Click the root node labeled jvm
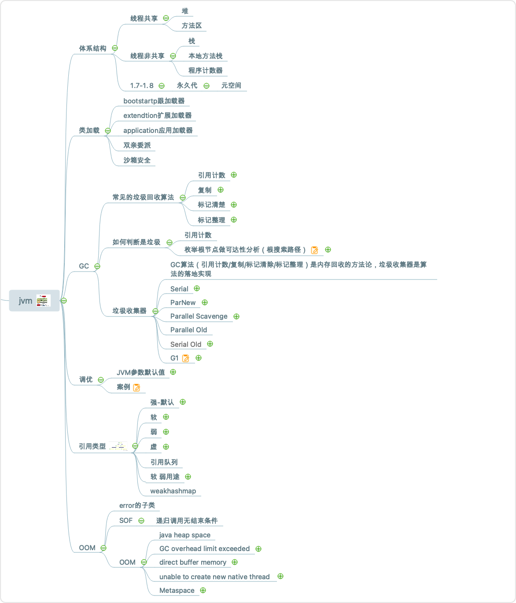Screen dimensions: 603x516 26,301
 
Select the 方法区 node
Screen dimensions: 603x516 192,26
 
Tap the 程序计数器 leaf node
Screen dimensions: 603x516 206,70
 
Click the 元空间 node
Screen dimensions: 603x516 231,85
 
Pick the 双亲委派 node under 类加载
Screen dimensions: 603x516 137,145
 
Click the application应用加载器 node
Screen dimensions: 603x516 158,130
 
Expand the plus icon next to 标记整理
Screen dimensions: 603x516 234,220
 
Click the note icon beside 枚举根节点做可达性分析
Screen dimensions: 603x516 314,250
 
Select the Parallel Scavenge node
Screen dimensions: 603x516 199,316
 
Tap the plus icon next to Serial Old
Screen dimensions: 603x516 210,344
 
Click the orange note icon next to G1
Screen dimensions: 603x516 186,358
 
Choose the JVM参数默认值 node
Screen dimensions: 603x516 141,372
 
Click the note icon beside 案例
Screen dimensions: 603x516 136,387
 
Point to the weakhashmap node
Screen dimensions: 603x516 173,491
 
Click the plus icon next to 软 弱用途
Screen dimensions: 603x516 188,477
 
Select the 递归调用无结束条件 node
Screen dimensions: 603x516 187,521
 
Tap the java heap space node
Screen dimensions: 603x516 185,535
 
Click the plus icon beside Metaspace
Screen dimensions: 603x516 203,590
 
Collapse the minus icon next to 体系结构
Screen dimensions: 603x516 115,48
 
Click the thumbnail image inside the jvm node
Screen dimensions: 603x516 44,301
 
